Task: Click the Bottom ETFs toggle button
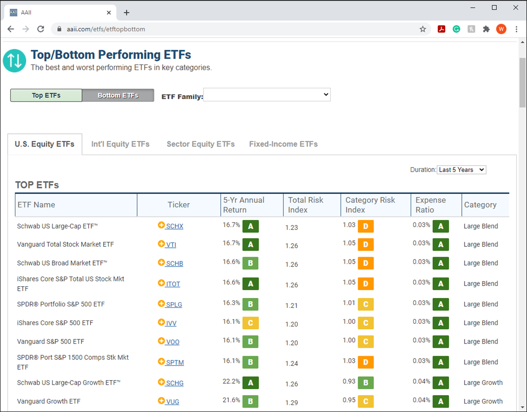(x=118, y=95)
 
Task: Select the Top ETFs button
(x=46, y=95)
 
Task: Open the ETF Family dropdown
(x=267, y=94)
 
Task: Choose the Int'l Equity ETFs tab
(x=120, y=144)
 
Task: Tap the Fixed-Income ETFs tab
(x=283, y=144)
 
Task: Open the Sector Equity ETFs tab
(x=201, y=144)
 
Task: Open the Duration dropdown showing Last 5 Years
(x=461, y=170)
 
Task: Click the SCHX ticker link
(x=175, y=226)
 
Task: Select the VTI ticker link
(x=171, y=244)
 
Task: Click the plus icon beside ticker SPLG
(x=161, y=304)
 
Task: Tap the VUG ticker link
(x=172, y=402)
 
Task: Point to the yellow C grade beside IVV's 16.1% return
(x=251, y=323)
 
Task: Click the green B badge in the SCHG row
(x=366, y=383)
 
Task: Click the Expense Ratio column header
(x=430, y=205)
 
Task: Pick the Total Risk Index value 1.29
(x=292, y=403)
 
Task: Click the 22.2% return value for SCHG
(x=231, y=381)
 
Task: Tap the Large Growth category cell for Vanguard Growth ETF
(x=483, y=401)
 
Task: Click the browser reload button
(x=41, y=29)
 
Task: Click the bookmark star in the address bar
(x=423, y=29)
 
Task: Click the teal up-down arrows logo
(x=15, y=61)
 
